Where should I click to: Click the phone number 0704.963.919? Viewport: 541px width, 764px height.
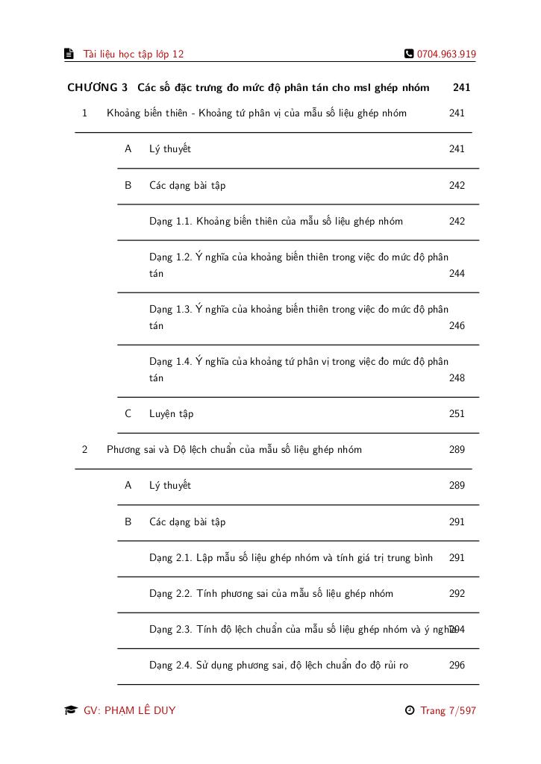pyautogui.click(x=446, y=54)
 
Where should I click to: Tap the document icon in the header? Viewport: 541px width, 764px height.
pyautogui.click(x=69, y=54)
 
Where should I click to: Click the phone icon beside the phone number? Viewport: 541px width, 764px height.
pyautogui.click(x=409, y=54)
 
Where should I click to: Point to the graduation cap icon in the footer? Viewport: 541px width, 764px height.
pyautogui.click(x=71, y=710)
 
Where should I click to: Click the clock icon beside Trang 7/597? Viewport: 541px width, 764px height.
pyautogui.click(x=409, y=710)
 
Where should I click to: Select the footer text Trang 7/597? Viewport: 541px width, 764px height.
pyautogui.click(x=448, y=710)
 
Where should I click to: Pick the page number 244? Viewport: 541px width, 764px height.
pyautogui.click(x=457, y=274)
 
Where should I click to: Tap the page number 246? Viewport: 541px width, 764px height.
pyautogui.click(x=457, y=326)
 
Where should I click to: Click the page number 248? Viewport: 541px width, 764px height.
pyautogui.click(x=457, y=378)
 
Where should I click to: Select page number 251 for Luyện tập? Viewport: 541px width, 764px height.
pyautogui.click(x=457, y=414)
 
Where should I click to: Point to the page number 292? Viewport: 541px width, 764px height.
pyautogui.click(x=457, y=594)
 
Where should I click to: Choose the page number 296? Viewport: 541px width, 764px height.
pyautogui.click(x=457, y=666)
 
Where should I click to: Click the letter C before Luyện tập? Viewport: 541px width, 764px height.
pyautogui.click(x=128, y=414)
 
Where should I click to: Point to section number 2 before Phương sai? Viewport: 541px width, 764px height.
pyautogui.click(x=85, y=450)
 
